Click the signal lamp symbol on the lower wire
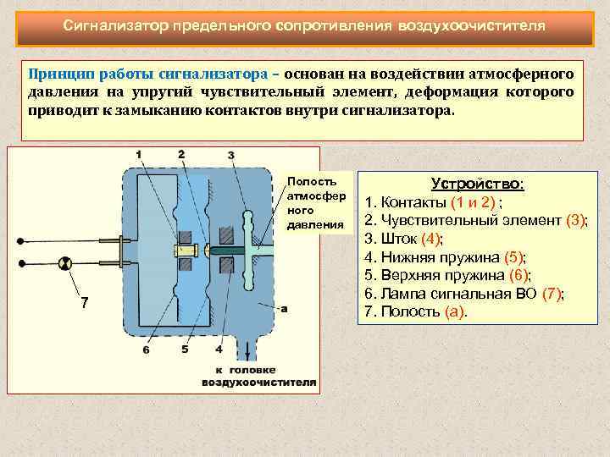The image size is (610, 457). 63,265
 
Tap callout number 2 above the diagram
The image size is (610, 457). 181,153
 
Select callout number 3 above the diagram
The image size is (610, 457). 230,156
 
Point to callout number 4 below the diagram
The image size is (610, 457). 219,349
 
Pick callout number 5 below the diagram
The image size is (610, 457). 185,349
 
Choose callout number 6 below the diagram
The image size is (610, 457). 147,349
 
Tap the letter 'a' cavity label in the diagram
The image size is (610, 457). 283,309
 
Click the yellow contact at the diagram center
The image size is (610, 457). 184,251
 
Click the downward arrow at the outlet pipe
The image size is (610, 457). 247,349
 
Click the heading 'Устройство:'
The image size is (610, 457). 478,184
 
